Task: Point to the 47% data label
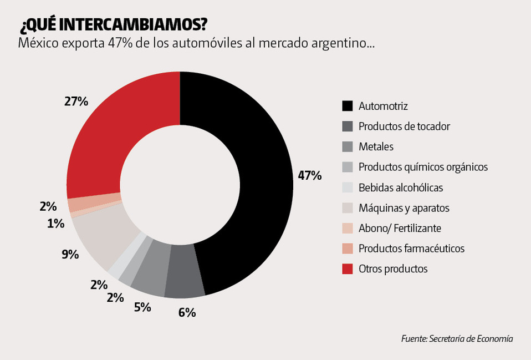[x=309, y=176]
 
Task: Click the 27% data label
[x=76, y=101]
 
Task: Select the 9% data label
[x=70, y=255]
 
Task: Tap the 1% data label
[x=55, y=224]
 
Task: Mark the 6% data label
[x=187, y=312]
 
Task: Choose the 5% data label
[x=142, y=306]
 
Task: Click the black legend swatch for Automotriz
[x=348, y=106]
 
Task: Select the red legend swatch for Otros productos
[x=348, y=268]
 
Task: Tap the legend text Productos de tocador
[x=404, y=126]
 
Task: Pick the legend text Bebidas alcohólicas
[x=401, y=187]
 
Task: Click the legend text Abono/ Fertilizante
[x=400, y=228]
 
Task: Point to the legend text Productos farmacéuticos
[x=411, y=249]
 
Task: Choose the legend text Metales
[x=376, y=147]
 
